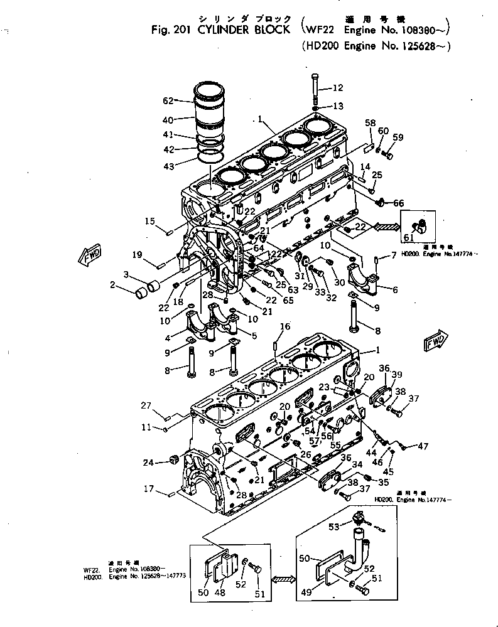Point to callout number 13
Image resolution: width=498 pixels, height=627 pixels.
(x=338, y=105)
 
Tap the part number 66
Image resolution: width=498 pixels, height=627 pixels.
(x=399, y=203)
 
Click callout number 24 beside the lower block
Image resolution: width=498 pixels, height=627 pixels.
(x=148, y=463)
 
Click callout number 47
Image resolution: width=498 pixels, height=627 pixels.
(x=423, y=446)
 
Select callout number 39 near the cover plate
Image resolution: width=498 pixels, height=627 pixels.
(x=397, y=375)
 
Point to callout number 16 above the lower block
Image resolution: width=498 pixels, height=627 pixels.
(x=285, y=326)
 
